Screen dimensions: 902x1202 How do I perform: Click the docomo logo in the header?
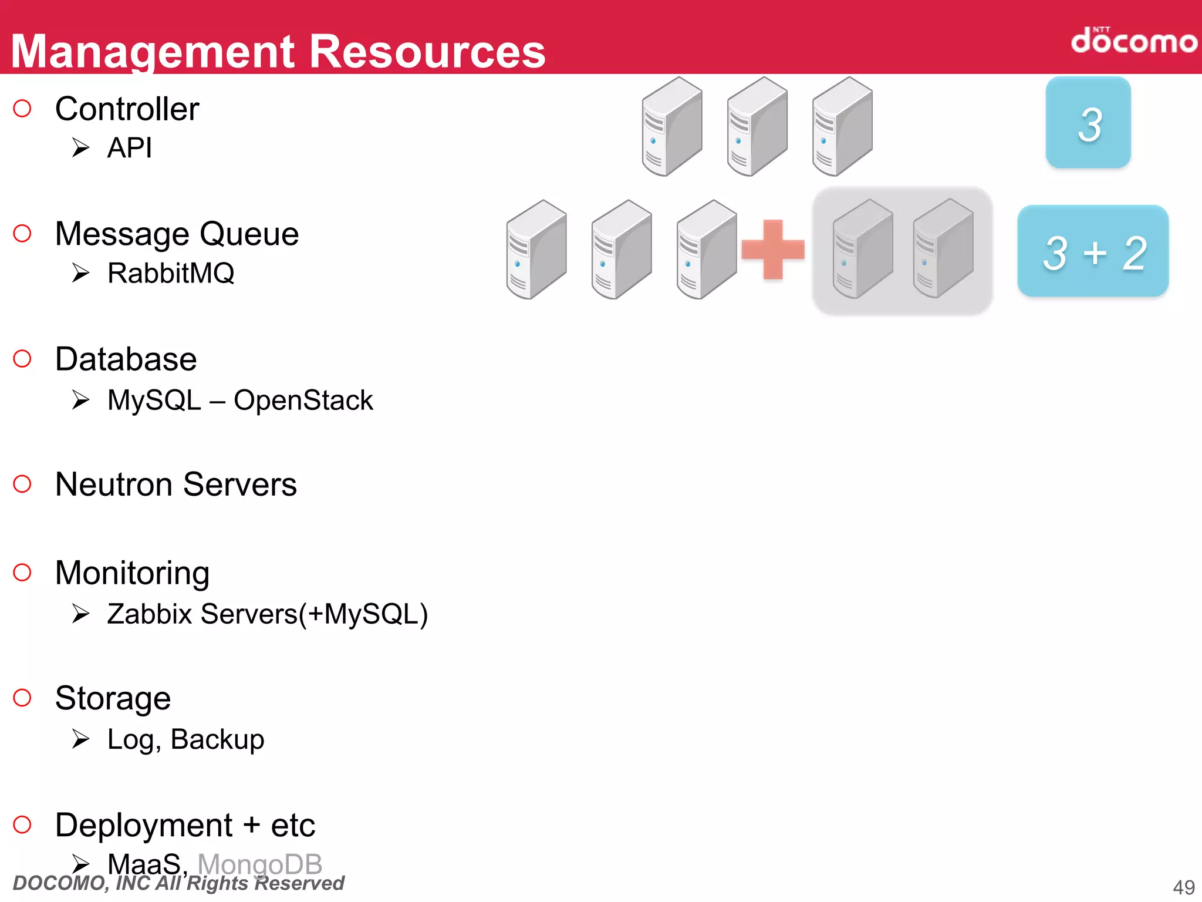(1133, 41)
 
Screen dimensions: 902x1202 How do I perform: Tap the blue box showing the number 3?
(1088, 123)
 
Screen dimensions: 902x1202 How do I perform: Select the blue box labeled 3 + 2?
(1093, 252)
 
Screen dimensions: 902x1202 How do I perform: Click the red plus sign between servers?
(772, 250)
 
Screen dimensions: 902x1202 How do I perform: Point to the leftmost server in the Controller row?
(671, 127)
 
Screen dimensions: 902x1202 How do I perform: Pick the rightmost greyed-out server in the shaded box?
(943, 249)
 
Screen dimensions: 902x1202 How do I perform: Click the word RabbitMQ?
(171, 273)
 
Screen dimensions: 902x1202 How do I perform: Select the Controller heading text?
(127, 109)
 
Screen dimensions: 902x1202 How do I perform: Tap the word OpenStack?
(303, 400)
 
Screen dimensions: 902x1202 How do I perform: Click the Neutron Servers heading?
(175, 484)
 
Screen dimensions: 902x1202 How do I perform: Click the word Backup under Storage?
(217, 739)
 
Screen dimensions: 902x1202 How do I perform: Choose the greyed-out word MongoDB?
(260, 863)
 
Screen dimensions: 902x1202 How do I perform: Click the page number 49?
(1183, 887)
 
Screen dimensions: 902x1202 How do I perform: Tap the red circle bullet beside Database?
(22, 359)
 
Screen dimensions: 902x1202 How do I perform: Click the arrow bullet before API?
(80, 147)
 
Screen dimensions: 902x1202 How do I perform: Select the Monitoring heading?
(132, 573)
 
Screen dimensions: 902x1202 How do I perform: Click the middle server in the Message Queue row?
(621, 250)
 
